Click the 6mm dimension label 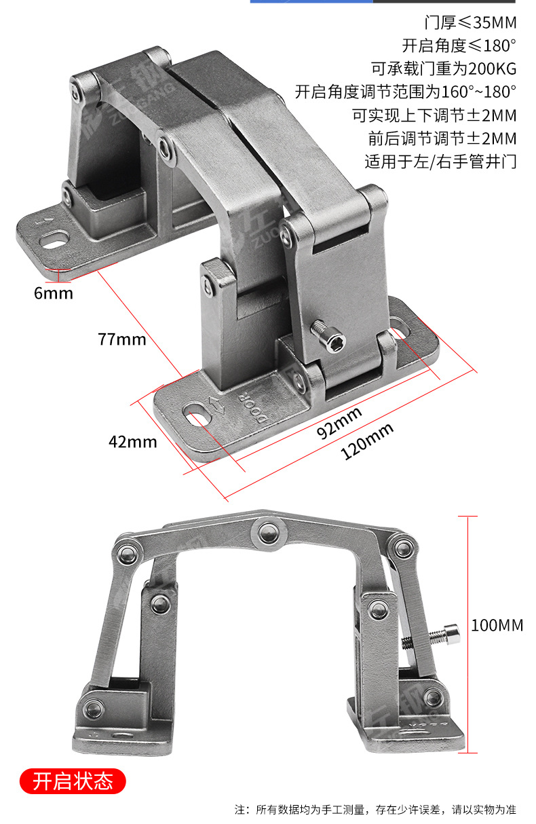pos(54,293)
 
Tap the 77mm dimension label pos(122,339)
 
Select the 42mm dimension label pos(133,442)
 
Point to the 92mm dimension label pos(339,423)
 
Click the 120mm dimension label pos(367,441)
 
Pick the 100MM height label pos(497,625)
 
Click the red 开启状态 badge pos(73,781)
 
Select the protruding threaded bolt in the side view pos(431,637)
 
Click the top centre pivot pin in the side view pos(269,532)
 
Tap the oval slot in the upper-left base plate pos(55,240)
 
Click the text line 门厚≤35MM pos(470,23)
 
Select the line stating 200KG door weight pos(444,69)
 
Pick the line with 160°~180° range pos(406,92)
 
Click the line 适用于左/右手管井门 pos(441,162)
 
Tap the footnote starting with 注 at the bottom pos(375,810)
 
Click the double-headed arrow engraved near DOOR pos(217,405)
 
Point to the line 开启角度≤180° pos(459,46)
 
